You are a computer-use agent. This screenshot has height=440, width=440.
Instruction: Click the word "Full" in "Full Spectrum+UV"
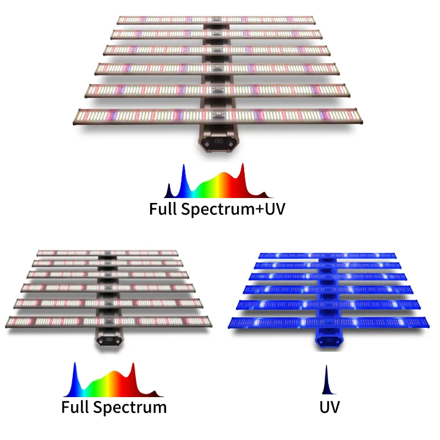(163, 209)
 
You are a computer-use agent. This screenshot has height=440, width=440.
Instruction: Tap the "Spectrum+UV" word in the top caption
(233, 210)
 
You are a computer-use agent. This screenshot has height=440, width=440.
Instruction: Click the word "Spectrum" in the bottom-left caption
(130, 408)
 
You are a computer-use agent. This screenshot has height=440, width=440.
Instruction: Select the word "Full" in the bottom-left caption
(75, 407)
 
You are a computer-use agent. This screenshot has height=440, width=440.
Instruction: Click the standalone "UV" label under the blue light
(329, 407)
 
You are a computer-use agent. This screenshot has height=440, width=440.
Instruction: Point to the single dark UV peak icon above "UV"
(327, 380)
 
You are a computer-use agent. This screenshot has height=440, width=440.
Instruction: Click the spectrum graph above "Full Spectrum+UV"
(218, 181)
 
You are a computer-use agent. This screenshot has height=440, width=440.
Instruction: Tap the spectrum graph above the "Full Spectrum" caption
(113, 380)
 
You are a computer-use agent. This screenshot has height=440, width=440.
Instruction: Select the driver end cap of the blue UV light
(329, 340)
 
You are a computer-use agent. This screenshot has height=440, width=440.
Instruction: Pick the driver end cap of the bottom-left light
(109, 340)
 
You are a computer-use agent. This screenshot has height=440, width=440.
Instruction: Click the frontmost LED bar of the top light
(218, 116)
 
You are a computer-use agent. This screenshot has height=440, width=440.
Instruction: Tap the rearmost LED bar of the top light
(216, 20)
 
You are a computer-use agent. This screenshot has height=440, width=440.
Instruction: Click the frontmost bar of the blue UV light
(328, 322)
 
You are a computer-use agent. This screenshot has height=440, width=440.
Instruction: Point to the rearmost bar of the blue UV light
(327, 255)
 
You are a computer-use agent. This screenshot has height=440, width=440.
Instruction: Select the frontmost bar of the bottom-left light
(108, 322)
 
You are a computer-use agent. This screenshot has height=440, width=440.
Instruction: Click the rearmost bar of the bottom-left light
(107, 253)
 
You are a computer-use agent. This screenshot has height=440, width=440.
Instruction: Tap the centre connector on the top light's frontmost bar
(218, 115)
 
